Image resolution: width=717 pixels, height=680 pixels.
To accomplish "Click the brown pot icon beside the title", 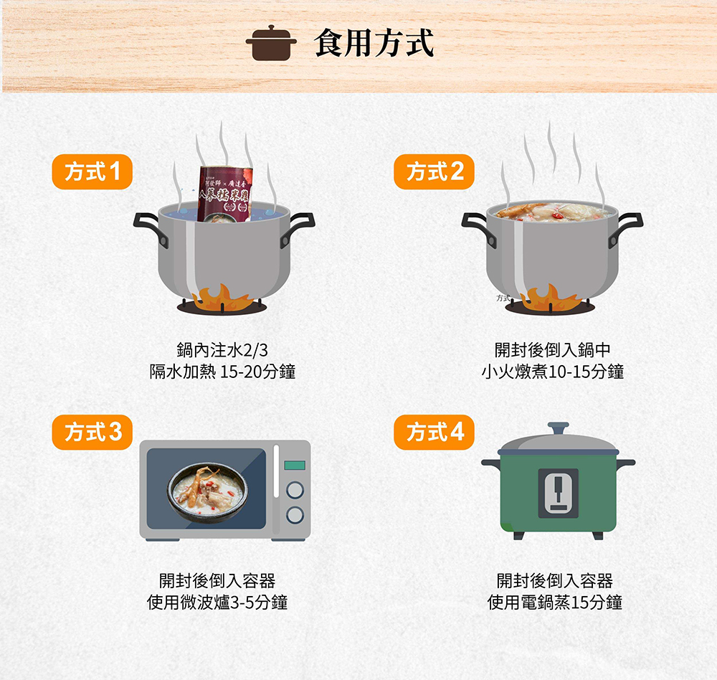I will coord(271,43).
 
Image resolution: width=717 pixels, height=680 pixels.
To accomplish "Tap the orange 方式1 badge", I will coord(92,172).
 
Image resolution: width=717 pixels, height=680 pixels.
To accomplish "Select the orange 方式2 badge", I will coord(434,172).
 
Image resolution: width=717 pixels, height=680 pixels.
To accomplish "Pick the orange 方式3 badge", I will coord(92,433).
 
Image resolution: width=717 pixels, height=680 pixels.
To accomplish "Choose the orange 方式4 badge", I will coord(434,433).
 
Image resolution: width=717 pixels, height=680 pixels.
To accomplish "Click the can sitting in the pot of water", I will coord(226,192).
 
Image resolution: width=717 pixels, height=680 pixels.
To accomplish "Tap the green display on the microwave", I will coord(294,466).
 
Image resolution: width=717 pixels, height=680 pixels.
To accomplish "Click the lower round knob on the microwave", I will coord(294,514).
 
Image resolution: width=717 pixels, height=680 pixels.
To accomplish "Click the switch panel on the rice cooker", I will coord(558,493).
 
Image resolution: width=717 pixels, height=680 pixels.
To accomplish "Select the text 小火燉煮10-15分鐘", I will coord(552,372).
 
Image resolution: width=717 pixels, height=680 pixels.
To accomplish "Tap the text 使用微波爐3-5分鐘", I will coord(217,603).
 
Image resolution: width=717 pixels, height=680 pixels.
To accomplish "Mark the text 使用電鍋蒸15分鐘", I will coord(554,603).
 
